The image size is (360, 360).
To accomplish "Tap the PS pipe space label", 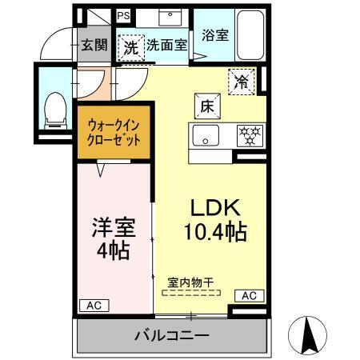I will coord(122,15).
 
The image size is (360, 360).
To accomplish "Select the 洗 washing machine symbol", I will coord(130,46).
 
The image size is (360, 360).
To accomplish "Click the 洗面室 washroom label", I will coord(166,46).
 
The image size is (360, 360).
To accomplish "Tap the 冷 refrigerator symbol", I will coord(240,79).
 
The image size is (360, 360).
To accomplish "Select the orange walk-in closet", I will coord(112,133).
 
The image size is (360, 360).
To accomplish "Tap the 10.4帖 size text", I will coord(214,233).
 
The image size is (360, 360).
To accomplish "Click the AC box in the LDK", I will coord(248,296).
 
